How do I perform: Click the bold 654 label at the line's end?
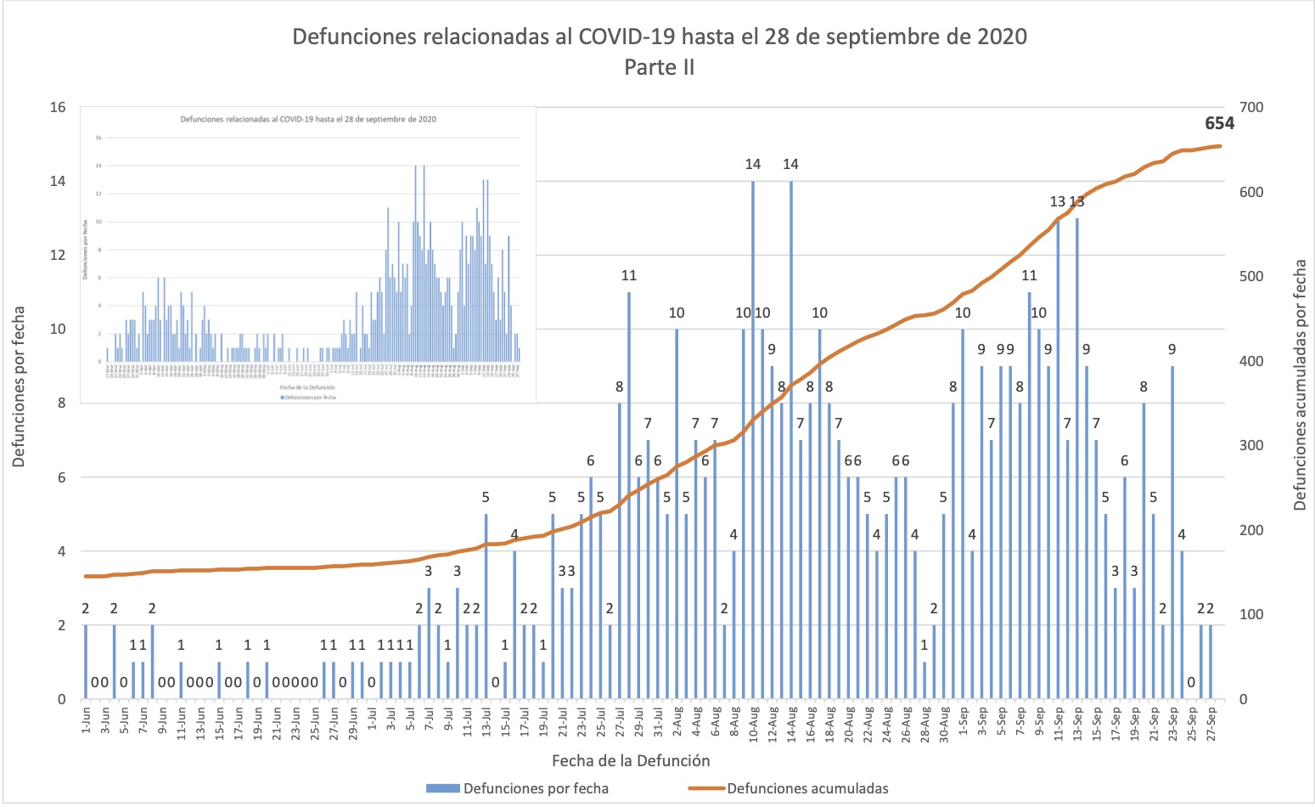[1219, 123]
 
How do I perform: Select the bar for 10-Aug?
[753, 442]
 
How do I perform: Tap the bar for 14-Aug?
[791, 442]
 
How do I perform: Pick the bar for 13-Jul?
[486, 607]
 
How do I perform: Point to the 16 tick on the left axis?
[58, 108]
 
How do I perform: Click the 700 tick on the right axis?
[1251, 108]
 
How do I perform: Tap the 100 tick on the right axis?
[1251, 614]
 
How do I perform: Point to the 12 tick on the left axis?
[58, 256]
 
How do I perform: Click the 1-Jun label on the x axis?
[86, 720]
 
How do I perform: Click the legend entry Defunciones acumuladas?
[806, 788]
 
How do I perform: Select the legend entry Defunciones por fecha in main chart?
[536, 788]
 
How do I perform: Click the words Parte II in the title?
[659, 67]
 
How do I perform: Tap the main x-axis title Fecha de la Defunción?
[631, 760]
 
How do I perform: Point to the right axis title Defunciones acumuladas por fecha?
[1300, 385]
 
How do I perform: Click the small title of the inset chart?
[308, 119]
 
